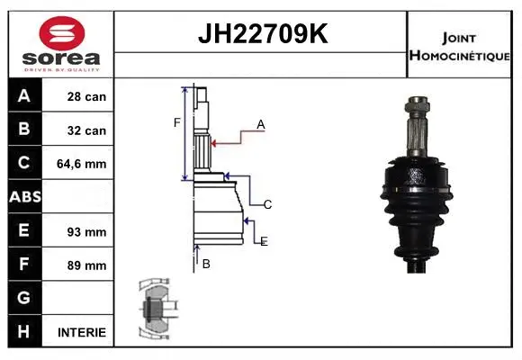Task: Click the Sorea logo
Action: point(59,44)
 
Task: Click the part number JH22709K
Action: point(261,34)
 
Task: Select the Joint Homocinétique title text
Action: point(461,45)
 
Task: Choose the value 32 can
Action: point(86,130)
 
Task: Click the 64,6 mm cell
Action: point(83,164)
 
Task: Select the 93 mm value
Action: point(88,231)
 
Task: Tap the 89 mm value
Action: point(88,265)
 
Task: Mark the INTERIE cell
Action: point(82,332)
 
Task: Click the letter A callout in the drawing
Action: point(260,125)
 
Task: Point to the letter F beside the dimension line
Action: point(177,122)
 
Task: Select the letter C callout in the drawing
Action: point(267,204)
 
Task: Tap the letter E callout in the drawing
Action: point(264,241)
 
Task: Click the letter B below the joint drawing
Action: point(206,264)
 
